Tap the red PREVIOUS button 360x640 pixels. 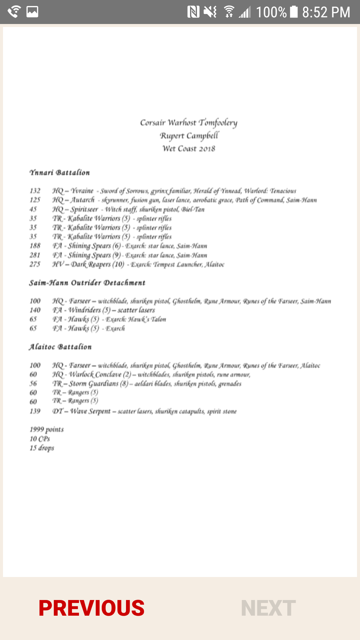tap(91, 608)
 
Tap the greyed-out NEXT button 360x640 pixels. tap(268, 608)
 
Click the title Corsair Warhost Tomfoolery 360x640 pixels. tap(189, 123)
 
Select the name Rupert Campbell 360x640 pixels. tap(189, 136)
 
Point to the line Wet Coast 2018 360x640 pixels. tap(189, 149)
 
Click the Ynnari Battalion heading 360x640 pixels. tap(60, 173)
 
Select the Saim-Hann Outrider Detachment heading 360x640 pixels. tap(87, 283)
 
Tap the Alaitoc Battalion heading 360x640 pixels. tap(60, 347)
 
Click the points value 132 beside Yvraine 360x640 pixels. tap(35, 191)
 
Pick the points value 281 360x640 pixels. tap(35, 255)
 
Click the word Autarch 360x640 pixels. tap(82, 200)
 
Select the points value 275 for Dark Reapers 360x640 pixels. tap(35, 264)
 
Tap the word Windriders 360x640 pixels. tap(85, 310)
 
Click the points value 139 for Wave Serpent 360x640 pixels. tap(35, 411)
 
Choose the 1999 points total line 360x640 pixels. tap(47, 429)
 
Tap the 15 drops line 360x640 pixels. tap(42, 448)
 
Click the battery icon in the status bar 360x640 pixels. tap(294, 12)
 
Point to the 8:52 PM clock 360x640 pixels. tap(326, 12)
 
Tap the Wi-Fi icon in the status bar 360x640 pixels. tap(229, 12)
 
